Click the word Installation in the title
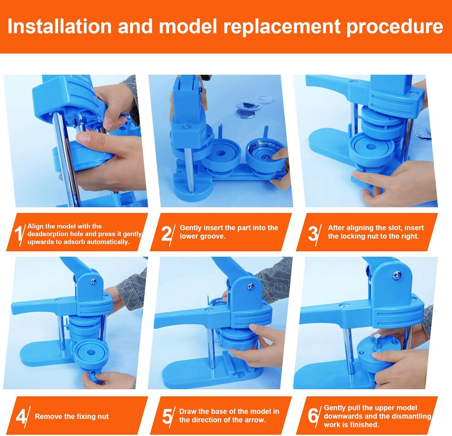point(60,26)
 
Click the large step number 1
point(18,233)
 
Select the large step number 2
point(166,233)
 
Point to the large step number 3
point(313,233)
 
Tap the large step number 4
point(21,417)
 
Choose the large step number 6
point(313,416)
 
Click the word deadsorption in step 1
point(49,234)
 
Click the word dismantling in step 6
point(413,416)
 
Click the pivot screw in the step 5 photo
point(250,286)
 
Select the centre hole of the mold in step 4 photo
point(90,352)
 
